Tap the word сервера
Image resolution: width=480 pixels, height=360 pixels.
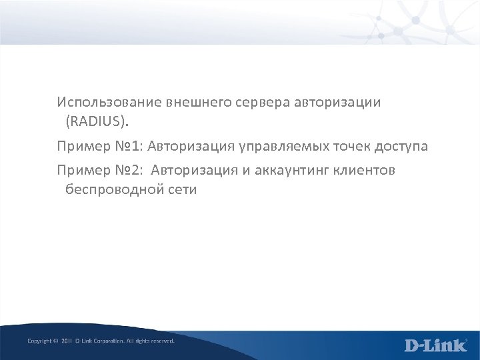pyautogui.click(x=253, y=103)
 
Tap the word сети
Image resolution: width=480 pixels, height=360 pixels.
pyautogui.click(x=179, y=191)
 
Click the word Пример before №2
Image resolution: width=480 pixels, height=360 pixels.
pyautogui.click(x=81, y=171)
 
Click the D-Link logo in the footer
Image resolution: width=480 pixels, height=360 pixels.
pyautogui.click(x=436, y=345)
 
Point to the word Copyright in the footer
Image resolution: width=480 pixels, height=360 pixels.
pyautogui.click(x=39, y=341)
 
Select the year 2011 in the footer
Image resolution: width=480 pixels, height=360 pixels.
pyautogui.click(x=65, y=341)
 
